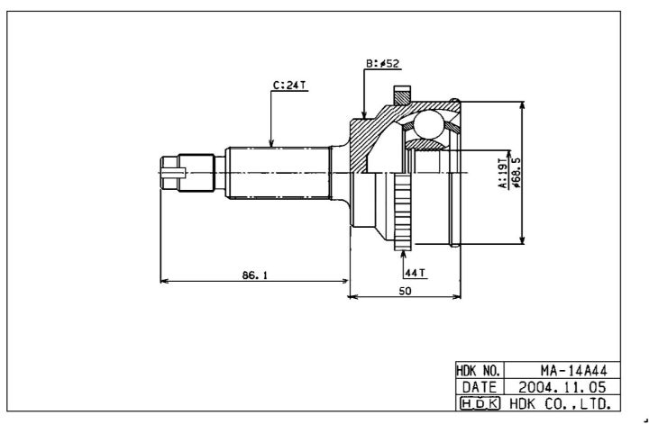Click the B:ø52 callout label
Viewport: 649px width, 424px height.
(382, 64)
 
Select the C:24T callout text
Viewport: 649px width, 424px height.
(289, 86)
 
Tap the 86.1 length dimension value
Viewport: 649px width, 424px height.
(255, 275)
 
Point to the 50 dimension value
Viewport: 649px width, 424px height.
(406, 291)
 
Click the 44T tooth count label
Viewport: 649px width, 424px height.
(416, 273)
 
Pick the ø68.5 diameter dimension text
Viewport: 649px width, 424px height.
(516, 173)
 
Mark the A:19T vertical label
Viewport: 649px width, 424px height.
(502, 173)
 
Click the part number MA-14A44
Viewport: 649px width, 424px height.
(573, 370)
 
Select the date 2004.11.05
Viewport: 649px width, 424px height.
(562, 387)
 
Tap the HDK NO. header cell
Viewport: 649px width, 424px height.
(480, 370)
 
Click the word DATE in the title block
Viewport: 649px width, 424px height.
(480, 387)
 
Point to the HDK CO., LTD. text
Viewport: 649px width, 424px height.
(561, 403)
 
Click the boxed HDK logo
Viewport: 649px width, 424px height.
(480, 403)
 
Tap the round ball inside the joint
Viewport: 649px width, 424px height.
(429, 124)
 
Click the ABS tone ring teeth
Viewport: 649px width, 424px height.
(403, 212)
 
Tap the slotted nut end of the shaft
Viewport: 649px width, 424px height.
(173, 173)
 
